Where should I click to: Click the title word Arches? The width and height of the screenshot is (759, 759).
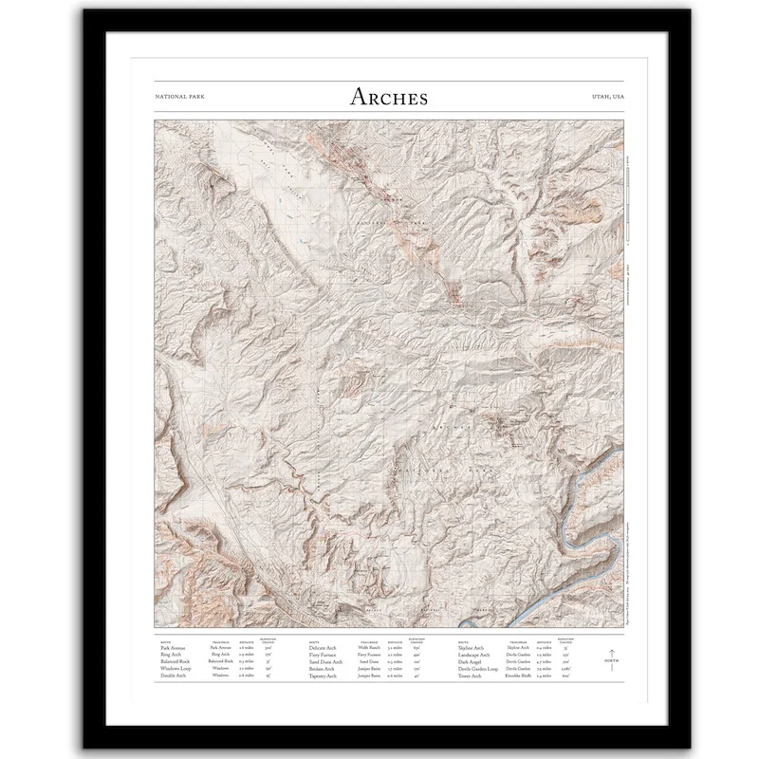click(389, 97)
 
